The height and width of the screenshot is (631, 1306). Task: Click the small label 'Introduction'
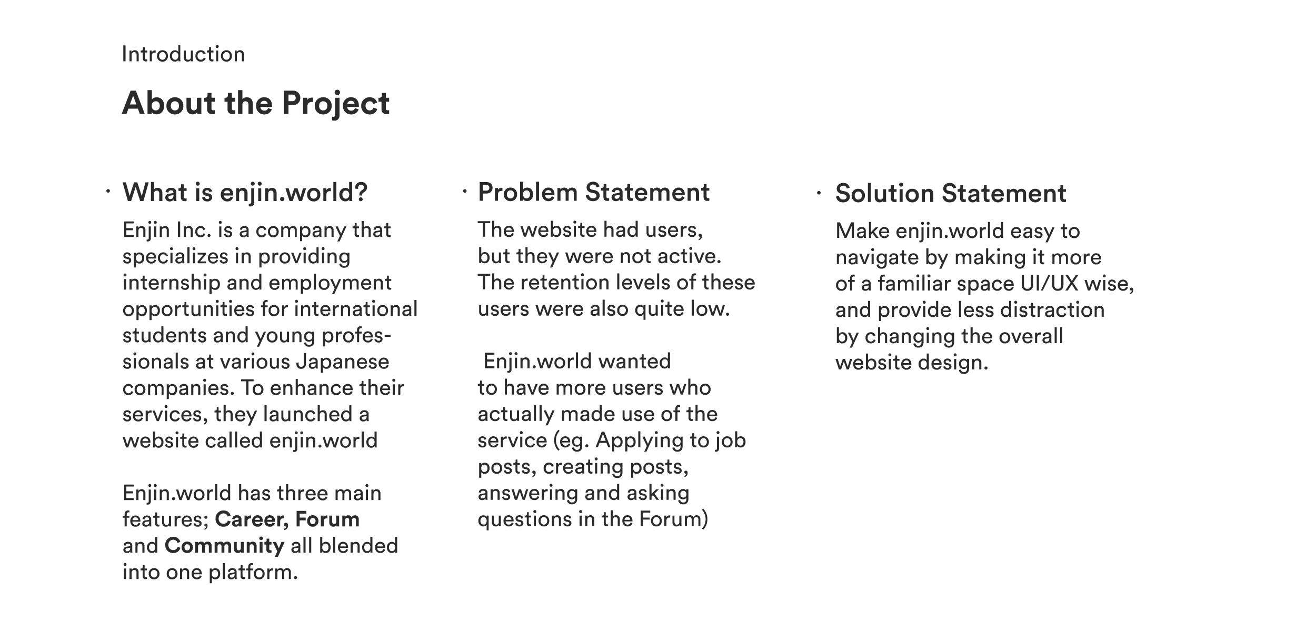(x=183, y=55)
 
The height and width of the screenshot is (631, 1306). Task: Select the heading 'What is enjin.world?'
(x=245, y=193)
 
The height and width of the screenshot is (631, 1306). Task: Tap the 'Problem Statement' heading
(x=593, y=192)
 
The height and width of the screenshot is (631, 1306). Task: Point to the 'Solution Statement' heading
(x=950, y=193)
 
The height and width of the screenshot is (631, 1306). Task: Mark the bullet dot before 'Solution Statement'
(x=819, y=193)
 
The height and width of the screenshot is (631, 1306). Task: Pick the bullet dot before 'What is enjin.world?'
(x=107, y=192)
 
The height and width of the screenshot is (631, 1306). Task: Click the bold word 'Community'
(x=224, y=546)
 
